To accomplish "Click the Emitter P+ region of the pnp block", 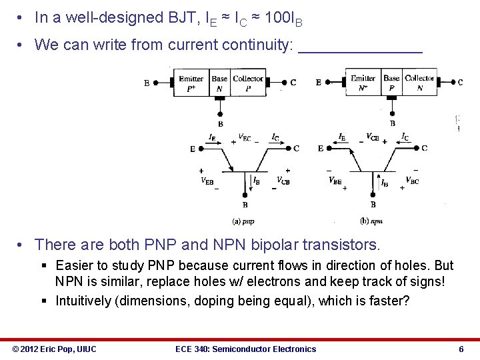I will (x=191, y=83).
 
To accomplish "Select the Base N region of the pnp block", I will (x=219, y=83).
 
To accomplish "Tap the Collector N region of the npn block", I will (x=419, y=83).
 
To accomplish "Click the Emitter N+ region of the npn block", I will (x=363, y=83).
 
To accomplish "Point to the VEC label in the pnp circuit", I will (x=245, y=139).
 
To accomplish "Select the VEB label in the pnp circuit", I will (x=207, y=181).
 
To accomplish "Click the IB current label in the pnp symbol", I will (x=256, y=181).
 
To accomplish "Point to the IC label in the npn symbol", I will (x=405, y=137).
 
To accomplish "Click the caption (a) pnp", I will (x=243, y=221).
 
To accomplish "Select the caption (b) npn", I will (x=371, y=221).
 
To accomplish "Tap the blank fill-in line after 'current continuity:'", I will (x=360, y=46).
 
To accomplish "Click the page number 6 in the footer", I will (x=461, y=349).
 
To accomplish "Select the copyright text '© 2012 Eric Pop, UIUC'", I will (x=55, y=349).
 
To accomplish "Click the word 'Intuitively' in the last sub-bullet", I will (x=83, y=301).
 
